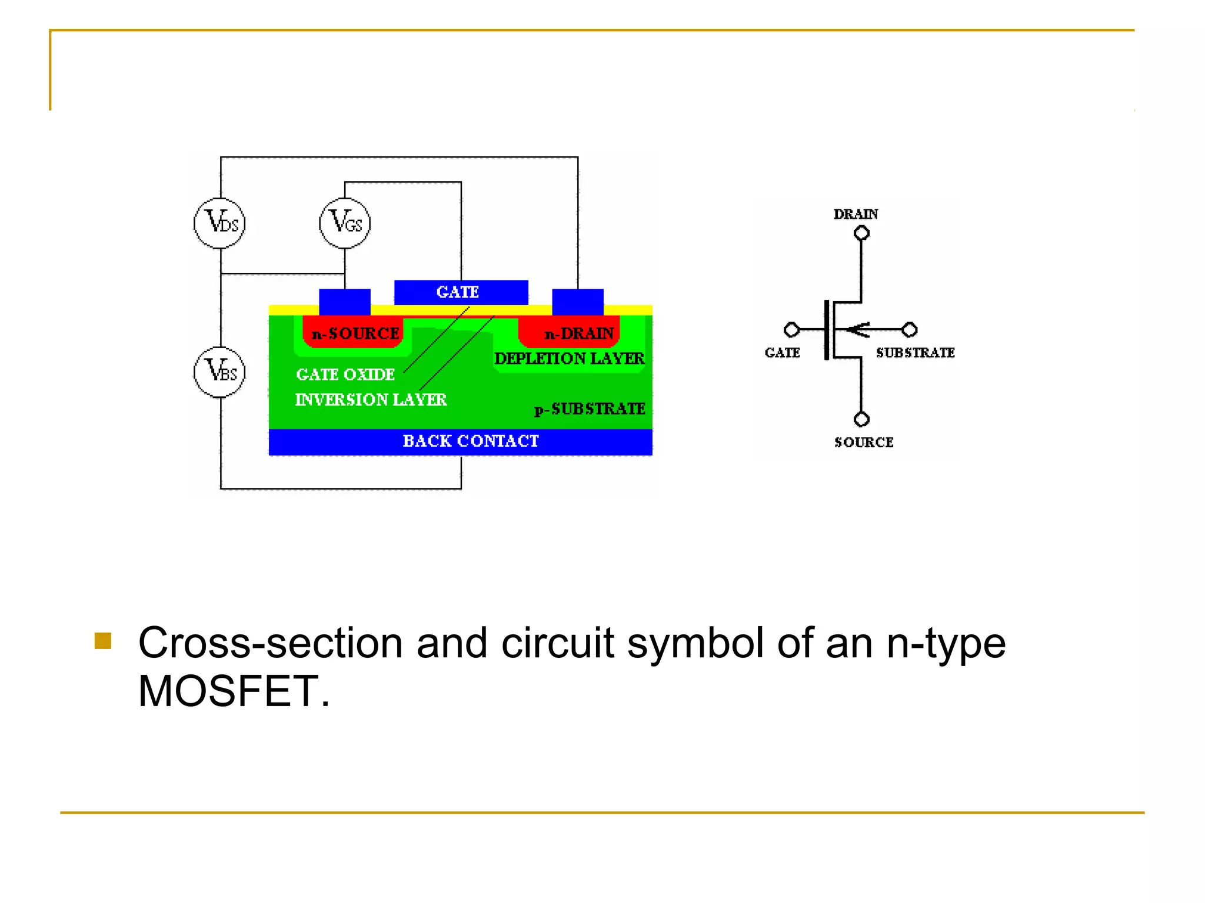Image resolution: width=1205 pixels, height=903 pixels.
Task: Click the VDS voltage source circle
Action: (219, 223)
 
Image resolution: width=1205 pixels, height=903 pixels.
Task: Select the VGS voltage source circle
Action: (345, 223)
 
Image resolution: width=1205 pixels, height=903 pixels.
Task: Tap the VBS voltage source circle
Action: (219, 372)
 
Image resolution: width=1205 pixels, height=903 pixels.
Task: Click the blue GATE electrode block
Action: (461, 292)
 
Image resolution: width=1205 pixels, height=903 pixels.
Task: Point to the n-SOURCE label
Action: (355, 334)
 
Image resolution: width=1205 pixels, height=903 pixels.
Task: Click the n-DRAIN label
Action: (579, 334)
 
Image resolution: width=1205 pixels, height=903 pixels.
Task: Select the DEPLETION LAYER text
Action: (569, 359)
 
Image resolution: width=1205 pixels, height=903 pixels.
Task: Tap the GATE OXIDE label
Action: (345, 374)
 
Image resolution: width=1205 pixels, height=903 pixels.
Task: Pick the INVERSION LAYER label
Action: (371, 400)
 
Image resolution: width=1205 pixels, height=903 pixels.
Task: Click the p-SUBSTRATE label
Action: (590, 409)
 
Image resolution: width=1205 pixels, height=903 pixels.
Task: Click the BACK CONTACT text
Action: (470, 441)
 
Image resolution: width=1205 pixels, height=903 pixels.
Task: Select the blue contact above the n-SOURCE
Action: (345, 302)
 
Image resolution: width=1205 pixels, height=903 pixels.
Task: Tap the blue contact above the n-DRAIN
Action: (578, 302)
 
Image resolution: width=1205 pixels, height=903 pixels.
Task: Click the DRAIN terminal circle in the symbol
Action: (861, 233)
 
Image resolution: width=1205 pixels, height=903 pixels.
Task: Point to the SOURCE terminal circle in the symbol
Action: (861, 419)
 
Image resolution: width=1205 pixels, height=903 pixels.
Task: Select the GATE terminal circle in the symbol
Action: (792, 329)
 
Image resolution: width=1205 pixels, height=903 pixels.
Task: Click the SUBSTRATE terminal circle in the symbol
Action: (910, 329)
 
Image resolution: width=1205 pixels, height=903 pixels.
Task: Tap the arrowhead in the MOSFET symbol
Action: (857, 330)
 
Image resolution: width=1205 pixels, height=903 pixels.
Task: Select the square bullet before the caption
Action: (103, 641)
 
